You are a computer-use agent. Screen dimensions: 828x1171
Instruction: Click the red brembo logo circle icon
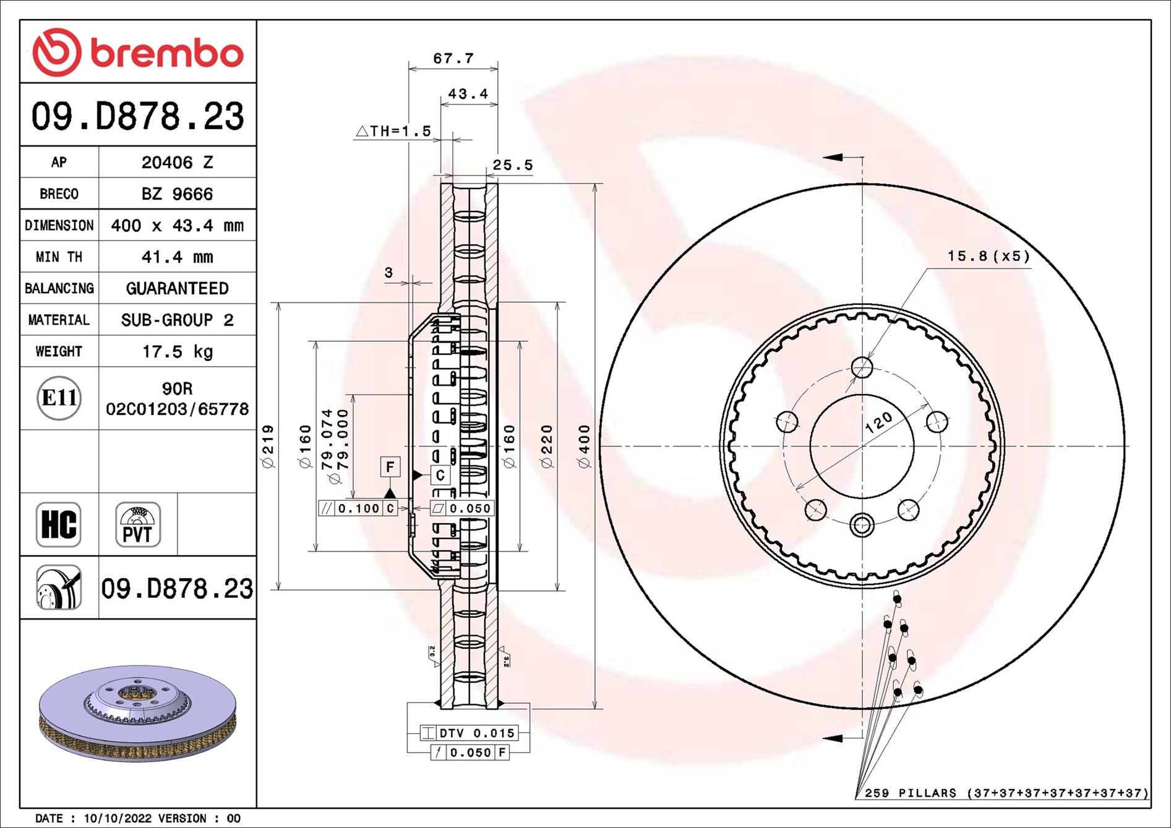click(56, 52)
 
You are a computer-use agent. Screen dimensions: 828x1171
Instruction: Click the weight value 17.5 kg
click(177, 352)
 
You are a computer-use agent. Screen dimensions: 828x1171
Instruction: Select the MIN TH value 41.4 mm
click(177, 257)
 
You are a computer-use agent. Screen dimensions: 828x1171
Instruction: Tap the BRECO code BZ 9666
click(177, 194)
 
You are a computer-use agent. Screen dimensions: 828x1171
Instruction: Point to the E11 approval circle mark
click(59, 398)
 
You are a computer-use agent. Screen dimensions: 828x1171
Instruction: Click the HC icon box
click(59, 524)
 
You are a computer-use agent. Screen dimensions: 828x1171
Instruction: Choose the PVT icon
click(138, 524)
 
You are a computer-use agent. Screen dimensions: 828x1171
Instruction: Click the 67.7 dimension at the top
click(453, 59)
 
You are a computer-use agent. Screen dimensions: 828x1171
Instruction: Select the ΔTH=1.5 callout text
click(393, 131)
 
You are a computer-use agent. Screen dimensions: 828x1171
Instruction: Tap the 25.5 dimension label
click(512, 165)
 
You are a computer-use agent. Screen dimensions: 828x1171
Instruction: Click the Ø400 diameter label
click(585, 446)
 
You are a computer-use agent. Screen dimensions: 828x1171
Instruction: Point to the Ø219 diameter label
click(268, 446)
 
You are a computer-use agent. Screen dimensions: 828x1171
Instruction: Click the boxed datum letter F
click(390, 467)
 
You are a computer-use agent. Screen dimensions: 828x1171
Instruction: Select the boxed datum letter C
click(440, 475)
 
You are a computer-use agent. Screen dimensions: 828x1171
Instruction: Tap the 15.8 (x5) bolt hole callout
click(989, 256)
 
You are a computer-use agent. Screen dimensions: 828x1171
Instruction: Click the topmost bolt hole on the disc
click(862, 367)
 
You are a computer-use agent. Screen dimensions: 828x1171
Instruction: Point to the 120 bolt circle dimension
click(878, 422)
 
